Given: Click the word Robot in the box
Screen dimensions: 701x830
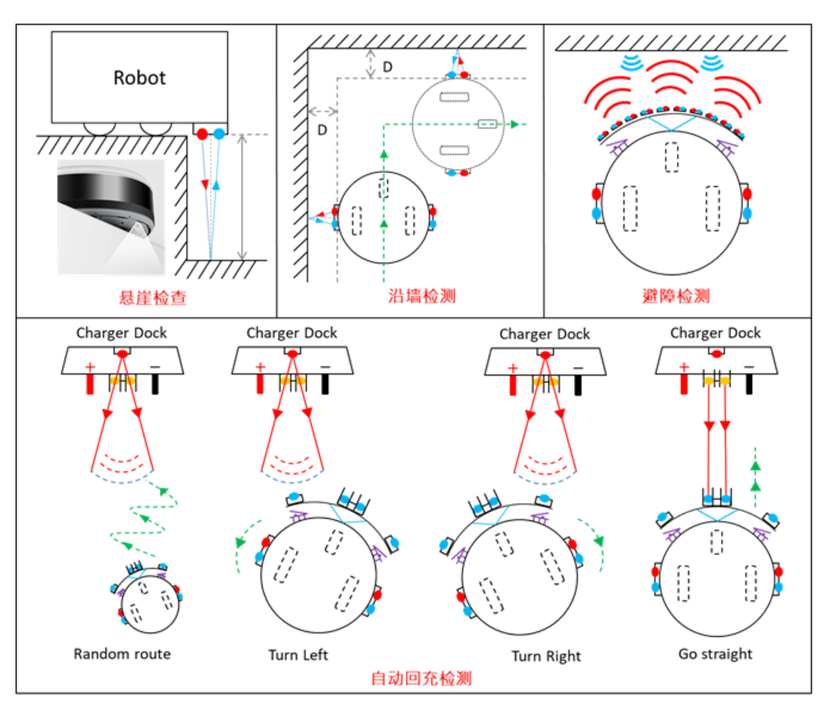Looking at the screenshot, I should coord(139,78).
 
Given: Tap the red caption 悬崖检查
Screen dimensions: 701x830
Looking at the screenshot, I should coord(152,298).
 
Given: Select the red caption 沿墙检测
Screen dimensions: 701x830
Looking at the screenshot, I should coord(421,296).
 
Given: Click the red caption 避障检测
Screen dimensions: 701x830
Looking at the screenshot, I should coord(675,296).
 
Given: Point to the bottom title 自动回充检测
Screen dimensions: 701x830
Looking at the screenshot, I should coord(421,678).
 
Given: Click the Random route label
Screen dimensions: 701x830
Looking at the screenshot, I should coord(122,654).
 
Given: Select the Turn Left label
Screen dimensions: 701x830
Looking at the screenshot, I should coord(298,655).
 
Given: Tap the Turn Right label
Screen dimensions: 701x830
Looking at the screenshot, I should coord(546,656).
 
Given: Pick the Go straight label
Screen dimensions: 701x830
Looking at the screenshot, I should coord(715,654).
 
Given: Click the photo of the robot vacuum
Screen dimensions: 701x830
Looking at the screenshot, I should coord(111,217).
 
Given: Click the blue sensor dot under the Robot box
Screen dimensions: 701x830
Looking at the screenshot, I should coord(219,134).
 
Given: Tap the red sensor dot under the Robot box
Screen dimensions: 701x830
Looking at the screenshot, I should coord(202,134).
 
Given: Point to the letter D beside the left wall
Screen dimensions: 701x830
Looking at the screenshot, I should coord(322,130).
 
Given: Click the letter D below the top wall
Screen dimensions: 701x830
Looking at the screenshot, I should coord(387,67).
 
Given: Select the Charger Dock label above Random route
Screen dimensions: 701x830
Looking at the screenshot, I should coord(122,333).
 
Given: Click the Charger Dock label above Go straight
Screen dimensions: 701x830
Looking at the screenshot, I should coord(715,333).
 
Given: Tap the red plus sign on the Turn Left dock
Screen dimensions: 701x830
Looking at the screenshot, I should coord(260,367).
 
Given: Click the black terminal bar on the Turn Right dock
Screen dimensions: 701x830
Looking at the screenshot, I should coord(578,385).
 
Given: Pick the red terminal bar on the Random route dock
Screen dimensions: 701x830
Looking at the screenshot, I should coord(90,384).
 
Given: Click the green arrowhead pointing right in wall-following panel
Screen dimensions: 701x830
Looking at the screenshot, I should coord(515,124).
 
